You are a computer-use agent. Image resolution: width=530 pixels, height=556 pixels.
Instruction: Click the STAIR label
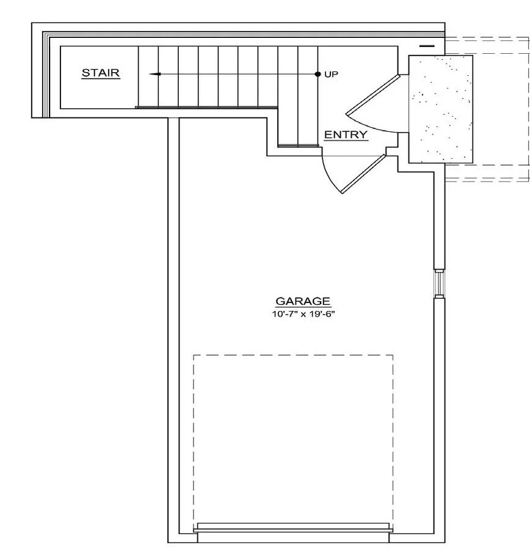click(x=101, y=73)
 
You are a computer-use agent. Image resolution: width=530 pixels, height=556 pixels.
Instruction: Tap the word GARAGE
click(x=303, y=301)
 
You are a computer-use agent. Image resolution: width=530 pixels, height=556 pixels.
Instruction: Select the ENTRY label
click(x=346, y=135)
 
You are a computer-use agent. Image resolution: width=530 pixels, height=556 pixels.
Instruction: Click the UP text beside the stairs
click(x=331, y=74)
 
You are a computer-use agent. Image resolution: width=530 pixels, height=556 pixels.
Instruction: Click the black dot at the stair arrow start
click(x=318, y=74)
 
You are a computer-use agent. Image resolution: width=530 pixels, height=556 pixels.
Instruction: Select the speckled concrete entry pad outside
click(x=440, y=109)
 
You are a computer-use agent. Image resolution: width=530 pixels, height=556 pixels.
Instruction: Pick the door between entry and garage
click(x=364, y=174)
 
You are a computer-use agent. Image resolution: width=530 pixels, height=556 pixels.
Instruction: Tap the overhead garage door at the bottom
click(x=292, y=527)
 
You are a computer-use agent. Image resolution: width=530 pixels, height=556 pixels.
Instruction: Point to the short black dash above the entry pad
click(x=427, y=46)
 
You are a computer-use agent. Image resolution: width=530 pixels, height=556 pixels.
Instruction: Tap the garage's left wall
click(x=173, y=330)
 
